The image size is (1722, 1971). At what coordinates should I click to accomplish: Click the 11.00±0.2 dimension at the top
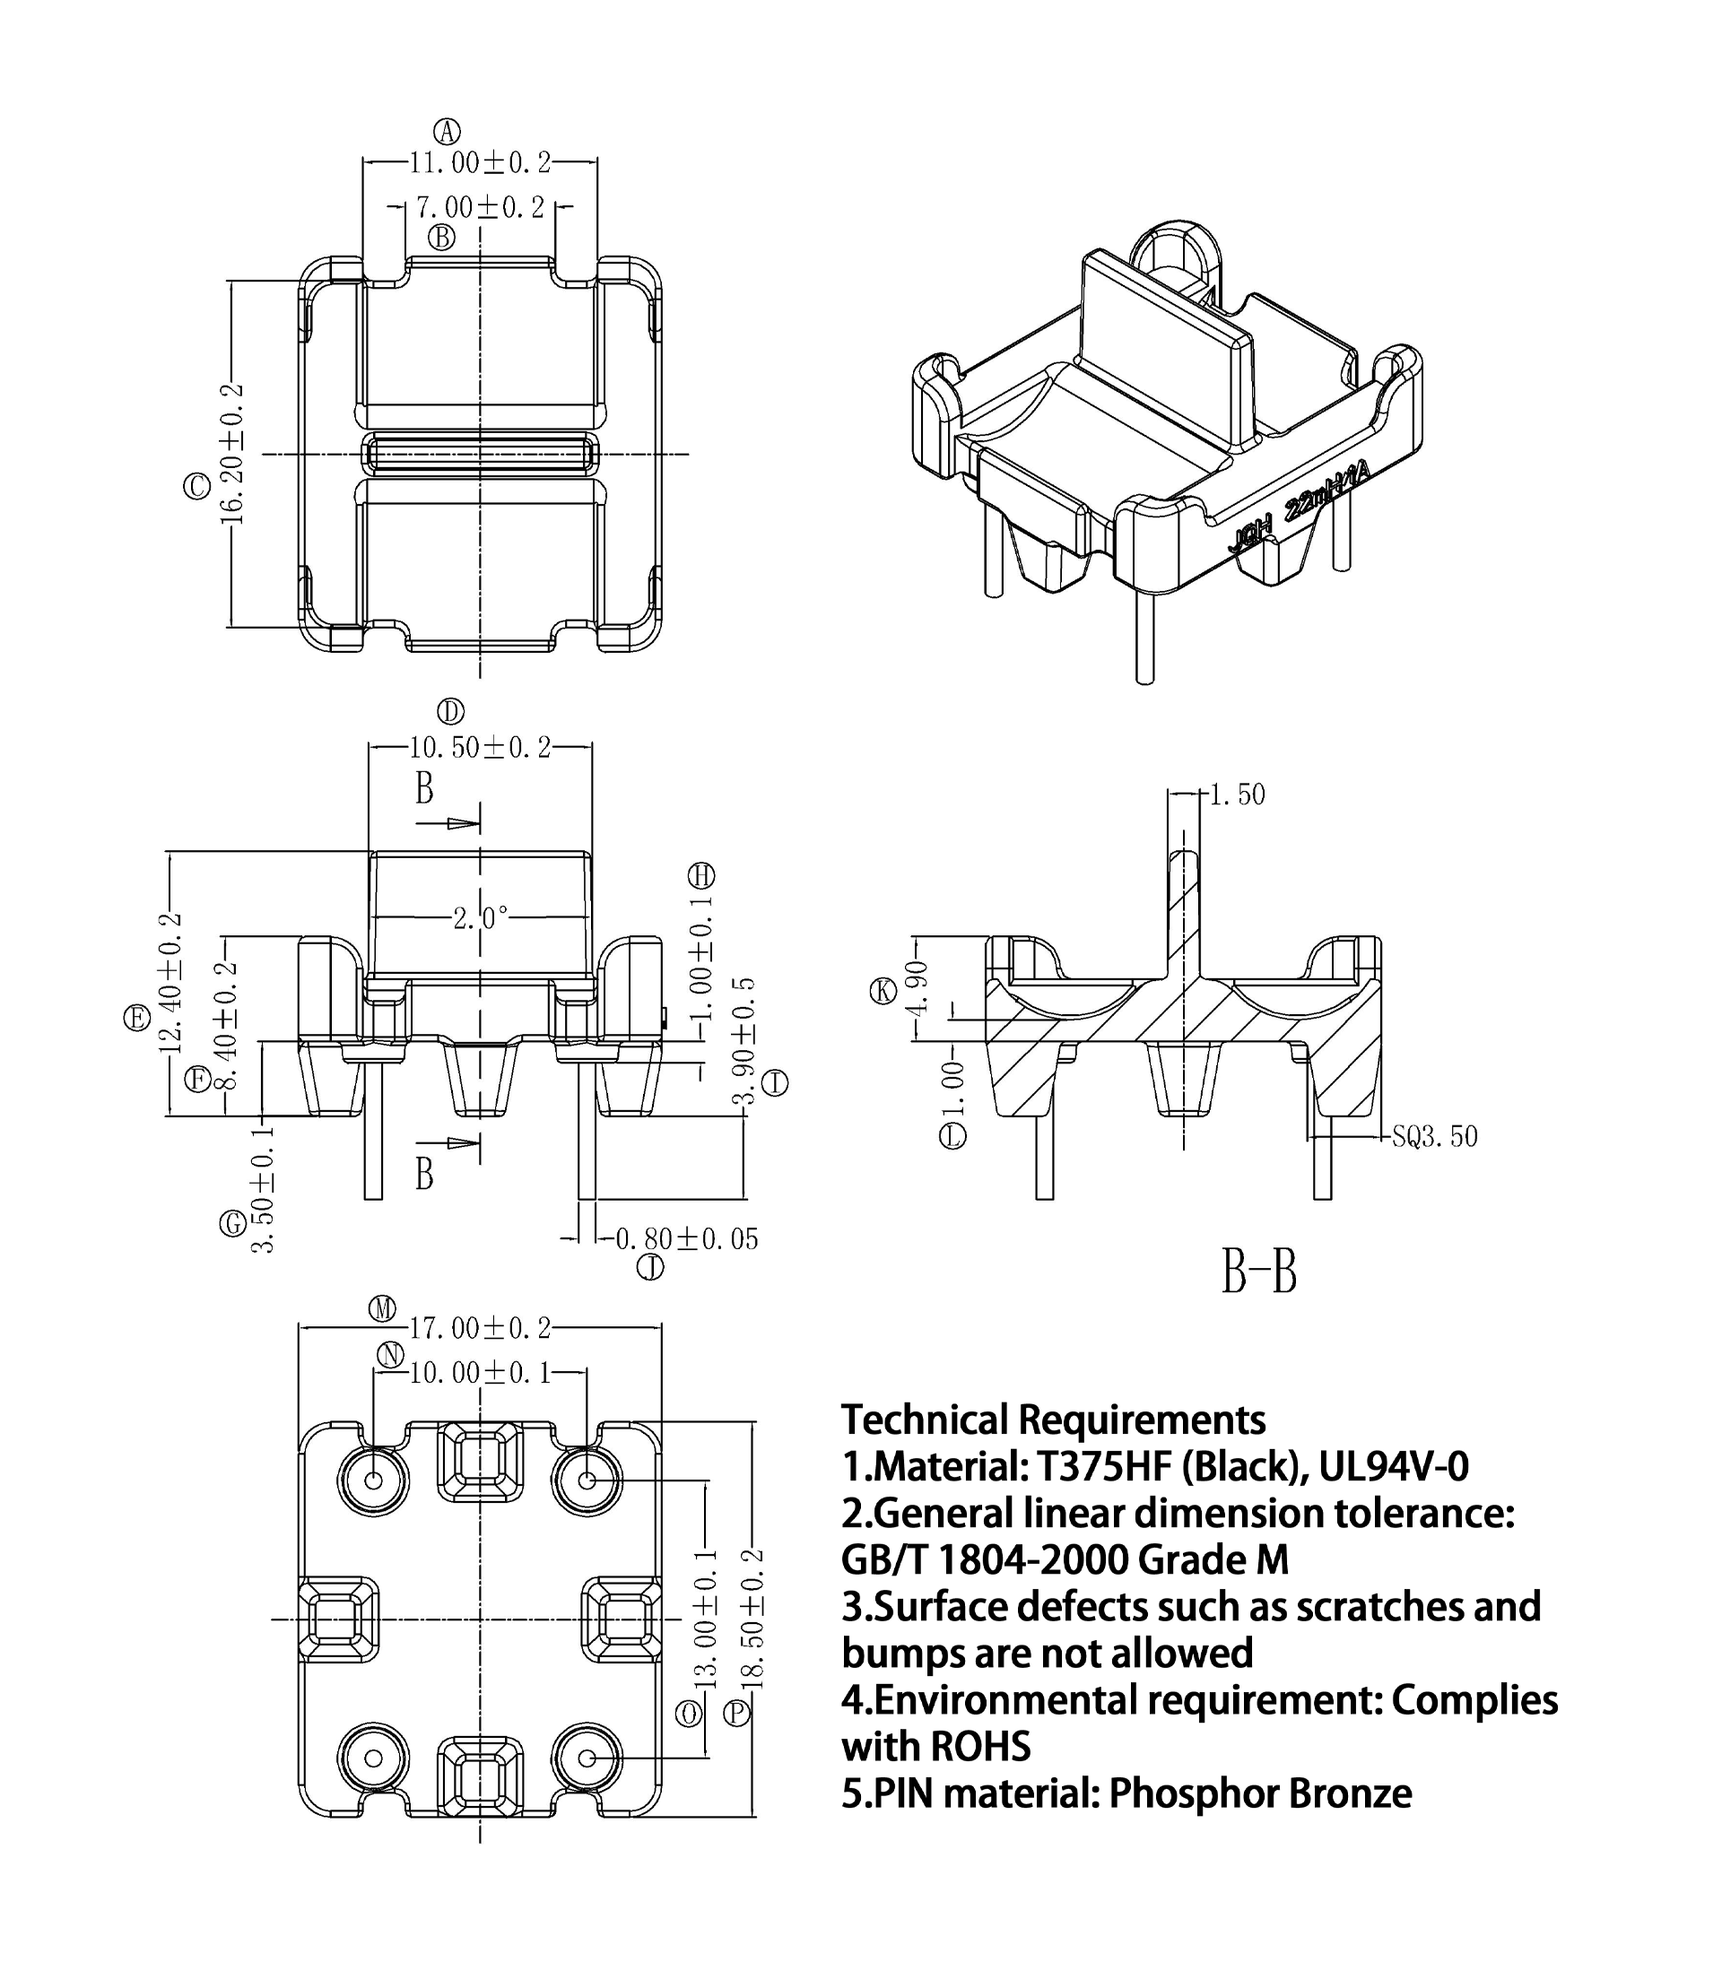coord(481,163)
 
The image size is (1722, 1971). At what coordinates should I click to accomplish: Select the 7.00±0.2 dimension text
coord(481,207)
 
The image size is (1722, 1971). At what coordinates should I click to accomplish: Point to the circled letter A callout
coord(447,131)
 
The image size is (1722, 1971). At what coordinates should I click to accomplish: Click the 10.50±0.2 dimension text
coord(481,747)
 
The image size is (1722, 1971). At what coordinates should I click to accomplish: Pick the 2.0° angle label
coord(481,919)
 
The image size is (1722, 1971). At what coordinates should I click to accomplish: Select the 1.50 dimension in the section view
coord(1238,794)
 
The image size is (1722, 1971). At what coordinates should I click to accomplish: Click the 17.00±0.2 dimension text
coord(481,1328)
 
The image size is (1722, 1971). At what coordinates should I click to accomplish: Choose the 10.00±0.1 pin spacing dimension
coord(481,1373)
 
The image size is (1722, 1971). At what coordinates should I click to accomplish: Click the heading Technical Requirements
coord(1053,1420)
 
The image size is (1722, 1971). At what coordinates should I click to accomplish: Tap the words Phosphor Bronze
coord(1260,1793)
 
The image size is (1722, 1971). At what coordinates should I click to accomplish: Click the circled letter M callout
coord(382,1308)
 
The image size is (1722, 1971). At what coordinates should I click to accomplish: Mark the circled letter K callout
coord(883,991)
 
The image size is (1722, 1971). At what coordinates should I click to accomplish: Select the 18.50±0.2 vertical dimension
coord(754,1619)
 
